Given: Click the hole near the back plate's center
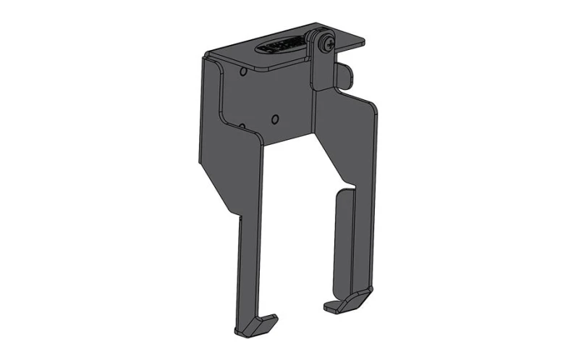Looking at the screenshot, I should point(274,118).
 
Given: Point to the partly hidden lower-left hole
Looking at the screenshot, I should point(242,125).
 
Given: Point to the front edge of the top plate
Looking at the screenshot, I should point(261,67).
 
